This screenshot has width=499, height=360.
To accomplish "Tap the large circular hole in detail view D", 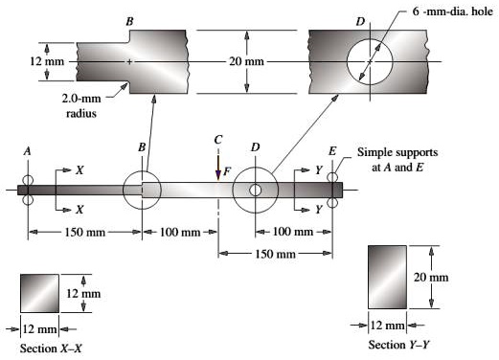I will click(x=369, y=61).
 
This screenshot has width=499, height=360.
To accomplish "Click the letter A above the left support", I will click(x=28, y=152).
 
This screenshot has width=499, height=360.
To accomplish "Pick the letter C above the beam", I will click(x=218, y=140).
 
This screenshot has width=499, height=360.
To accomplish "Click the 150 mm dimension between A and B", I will click(x=84, y=233).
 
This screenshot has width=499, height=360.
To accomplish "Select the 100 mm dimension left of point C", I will click(x=180, y=233).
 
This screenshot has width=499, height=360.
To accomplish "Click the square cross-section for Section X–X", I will click(x=40, y=292).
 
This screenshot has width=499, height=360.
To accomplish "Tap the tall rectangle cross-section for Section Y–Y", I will click(x=388, y=277).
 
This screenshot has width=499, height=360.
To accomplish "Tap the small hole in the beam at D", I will click(x=256, y=190).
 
